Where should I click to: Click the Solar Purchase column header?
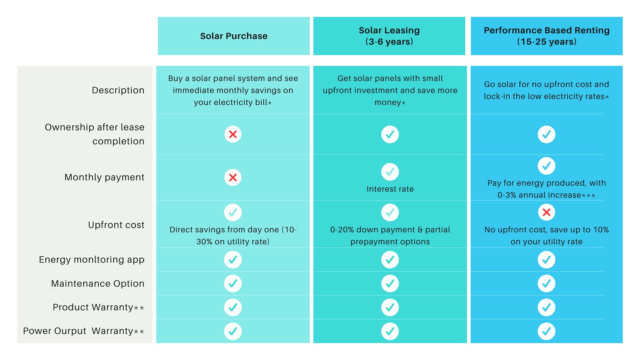pos(234,36)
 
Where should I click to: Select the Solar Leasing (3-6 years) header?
pos(389,36)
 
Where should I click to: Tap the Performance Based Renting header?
pos(546,36)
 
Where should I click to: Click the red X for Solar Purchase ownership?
pos(233,134)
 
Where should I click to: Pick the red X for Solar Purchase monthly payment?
pos(233,177)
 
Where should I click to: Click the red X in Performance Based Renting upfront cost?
pos(546,212)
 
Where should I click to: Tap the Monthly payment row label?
pos(104,177)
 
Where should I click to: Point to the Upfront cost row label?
pos(116,225)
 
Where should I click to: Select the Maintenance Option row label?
pos(98,284)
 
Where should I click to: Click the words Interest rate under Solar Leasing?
pos(390,189)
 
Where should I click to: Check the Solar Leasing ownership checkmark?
pos(390,134)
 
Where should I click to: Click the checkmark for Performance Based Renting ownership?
pos(546,134)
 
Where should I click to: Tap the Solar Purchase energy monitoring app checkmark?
pos(233,260)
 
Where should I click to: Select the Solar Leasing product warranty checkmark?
pos(390,307)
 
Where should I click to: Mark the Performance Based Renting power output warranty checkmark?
pos(546,331)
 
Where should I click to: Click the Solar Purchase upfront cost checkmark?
pos(233,212)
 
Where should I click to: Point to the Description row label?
pos(118,90)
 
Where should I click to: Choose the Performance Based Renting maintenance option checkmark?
pos(546,284)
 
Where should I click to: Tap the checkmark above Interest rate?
pos(390,172)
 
